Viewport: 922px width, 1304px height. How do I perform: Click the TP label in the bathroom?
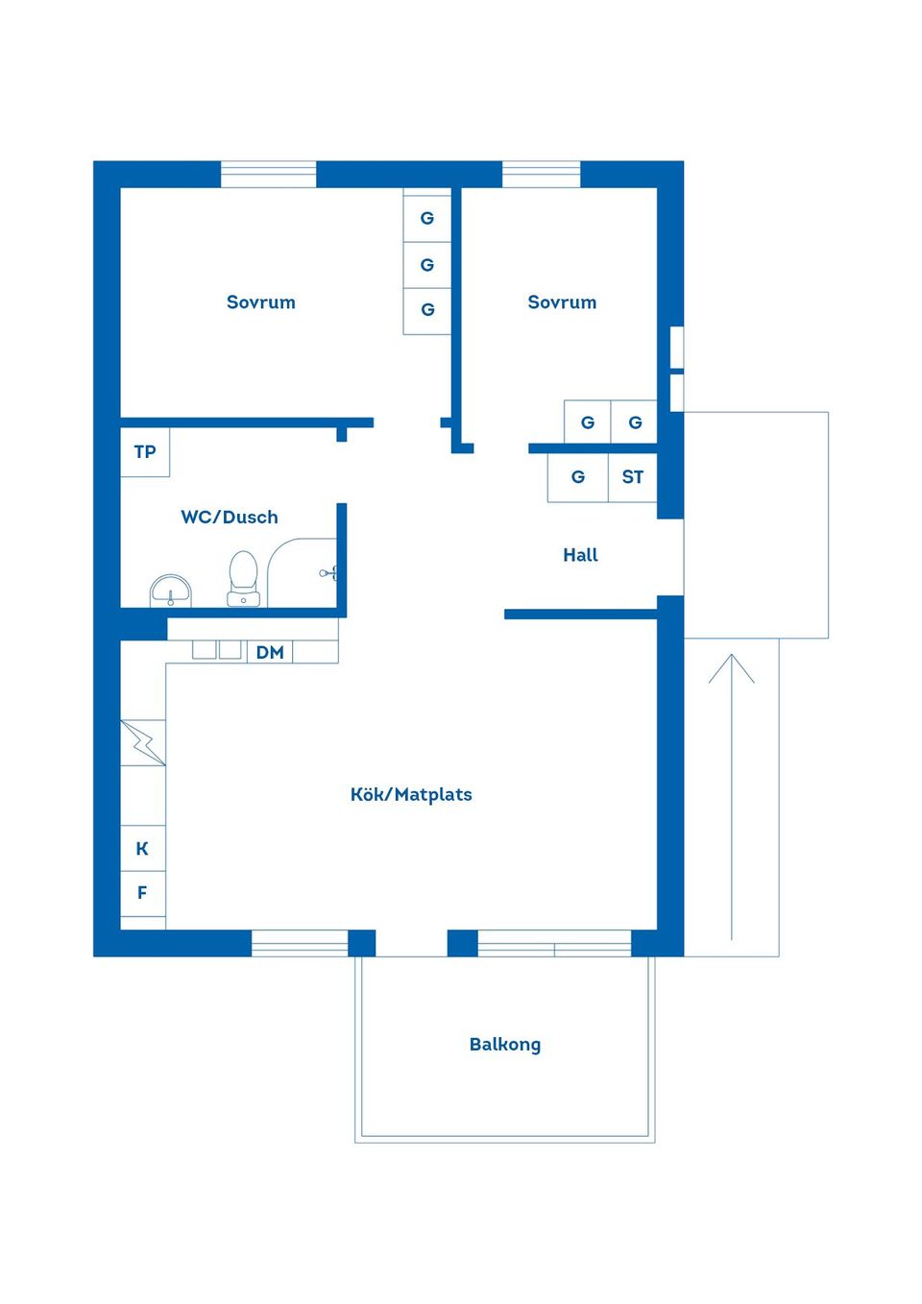pyautogui.click(x=145, y=452)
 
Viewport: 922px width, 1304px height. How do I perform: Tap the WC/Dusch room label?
pyautogui.click(x=230, y=518)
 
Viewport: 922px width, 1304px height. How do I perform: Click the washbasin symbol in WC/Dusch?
pyautogui.click(x=171, y=590)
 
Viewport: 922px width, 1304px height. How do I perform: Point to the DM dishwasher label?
pyautogui.click(x=270, y=653)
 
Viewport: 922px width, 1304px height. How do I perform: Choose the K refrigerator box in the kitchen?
pyautogui.click(x=142, y=849)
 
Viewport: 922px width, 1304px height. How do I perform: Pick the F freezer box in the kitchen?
pyautogui.click(x=142, y=893)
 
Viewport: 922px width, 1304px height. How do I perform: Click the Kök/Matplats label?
pyautogui.click(x=411, y=795)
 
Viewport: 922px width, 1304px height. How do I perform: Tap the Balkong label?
pyautogui.click(x=505, y=1045)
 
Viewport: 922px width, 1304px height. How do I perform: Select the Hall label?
pyautogui.click(x=580, y=555)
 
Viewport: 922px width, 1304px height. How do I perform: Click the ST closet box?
pyautogui.click(x=632, y=477)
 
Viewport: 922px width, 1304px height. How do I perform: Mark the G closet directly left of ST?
pyautogui.click(x=578, y=477)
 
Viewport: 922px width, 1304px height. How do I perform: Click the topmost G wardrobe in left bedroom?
pyautogui.click(x=427, y=219)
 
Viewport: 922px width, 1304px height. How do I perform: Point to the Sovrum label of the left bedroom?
pyautogui.click(x=261, y=302)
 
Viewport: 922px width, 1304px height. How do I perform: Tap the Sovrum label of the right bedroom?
pyautogui.click(x=562, y=302)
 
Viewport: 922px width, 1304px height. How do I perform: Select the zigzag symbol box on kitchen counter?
pyautogui.click(x=143, y=742)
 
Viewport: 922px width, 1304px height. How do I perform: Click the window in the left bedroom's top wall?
pyautogui.click(x=269, y=175)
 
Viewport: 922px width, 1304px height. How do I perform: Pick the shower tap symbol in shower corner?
pyautogui.click(x=328, y=573)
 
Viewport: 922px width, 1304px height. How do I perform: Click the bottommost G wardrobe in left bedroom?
pyautogui.click(x=427, y=310)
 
